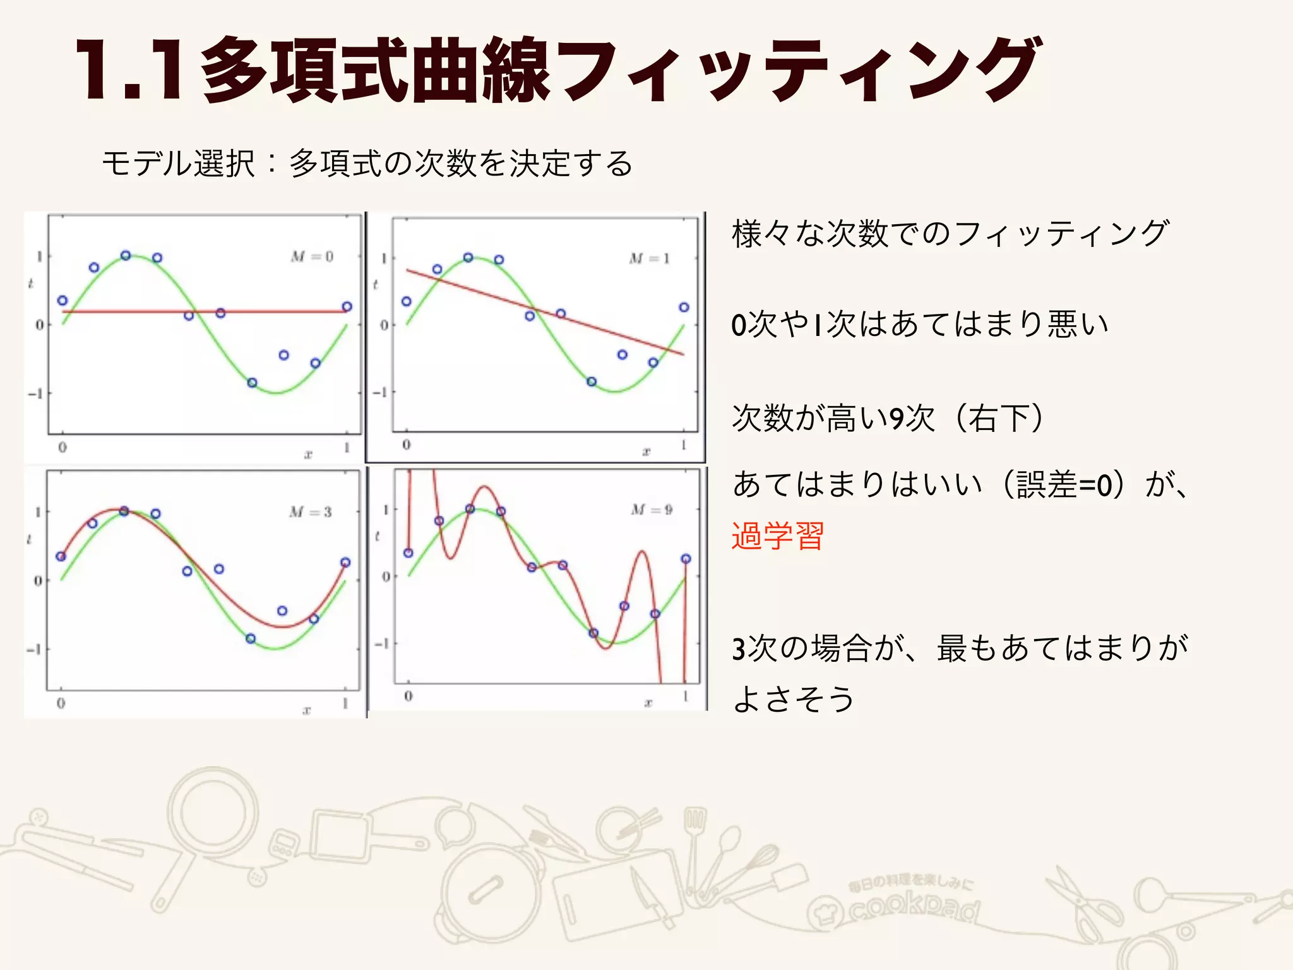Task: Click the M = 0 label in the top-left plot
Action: tap(312, 256)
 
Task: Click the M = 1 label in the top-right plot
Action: tap(649, 258)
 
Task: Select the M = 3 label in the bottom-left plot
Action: tap(311, 512)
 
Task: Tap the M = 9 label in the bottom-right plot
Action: tap(652, 510)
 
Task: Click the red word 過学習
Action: tap(778, 536)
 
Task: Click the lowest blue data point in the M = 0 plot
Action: tap(252, 383)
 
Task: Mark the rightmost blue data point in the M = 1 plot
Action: tap(684, 308)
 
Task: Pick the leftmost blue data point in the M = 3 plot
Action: tap(61, 556)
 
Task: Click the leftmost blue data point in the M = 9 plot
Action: tap(408, 553)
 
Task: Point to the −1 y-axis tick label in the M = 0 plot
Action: tap(35, 393)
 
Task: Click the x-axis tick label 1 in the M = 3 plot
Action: tap(345, 703)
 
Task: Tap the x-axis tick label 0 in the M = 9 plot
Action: tap(408, 696)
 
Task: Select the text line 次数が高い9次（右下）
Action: tap(888, 418)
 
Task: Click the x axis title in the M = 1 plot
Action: tap(646, 451)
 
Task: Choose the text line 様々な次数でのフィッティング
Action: tap(950, 234)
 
